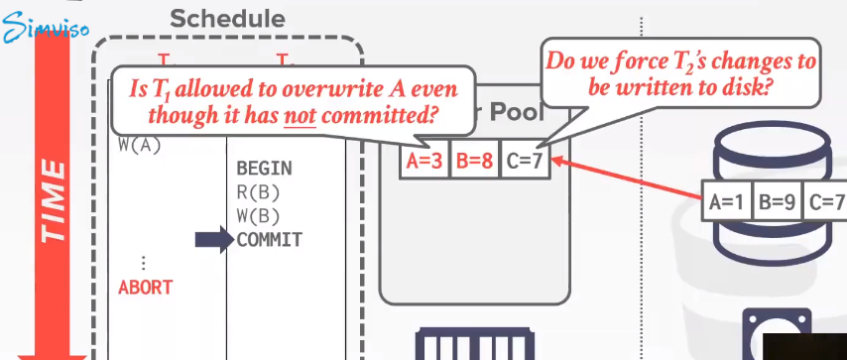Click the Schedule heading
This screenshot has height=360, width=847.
[227, 18]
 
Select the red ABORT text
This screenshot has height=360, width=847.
[145, 288]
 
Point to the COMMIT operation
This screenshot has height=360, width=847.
[269, 240]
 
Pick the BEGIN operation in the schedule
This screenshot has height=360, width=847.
[264, 169]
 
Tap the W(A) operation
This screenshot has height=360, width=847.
[139, 145]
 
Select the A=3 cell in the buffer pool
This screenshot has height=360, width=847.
[425, 161]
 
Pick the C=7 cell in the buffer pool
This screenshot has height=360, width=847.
[523, 161]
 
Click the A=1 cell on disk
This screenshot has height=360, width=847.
[728, 202]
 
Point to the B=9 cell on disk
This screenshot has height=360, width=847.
[778, 202]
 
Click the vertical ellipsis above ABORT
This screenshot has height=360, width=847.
[145, 263]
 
